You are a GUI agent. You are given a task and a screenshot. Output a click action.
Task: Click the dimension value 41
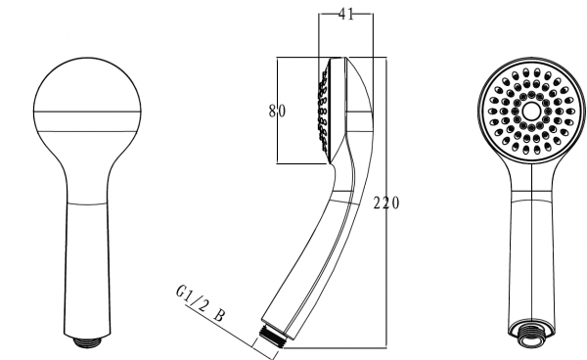(x=346, y=15)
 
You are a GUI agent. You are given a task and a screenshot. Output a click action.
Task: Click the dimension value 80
(x=277, y=111)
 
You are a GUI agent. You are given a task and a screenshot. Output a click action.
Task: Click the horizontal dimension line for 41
(x=334, y=15)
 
